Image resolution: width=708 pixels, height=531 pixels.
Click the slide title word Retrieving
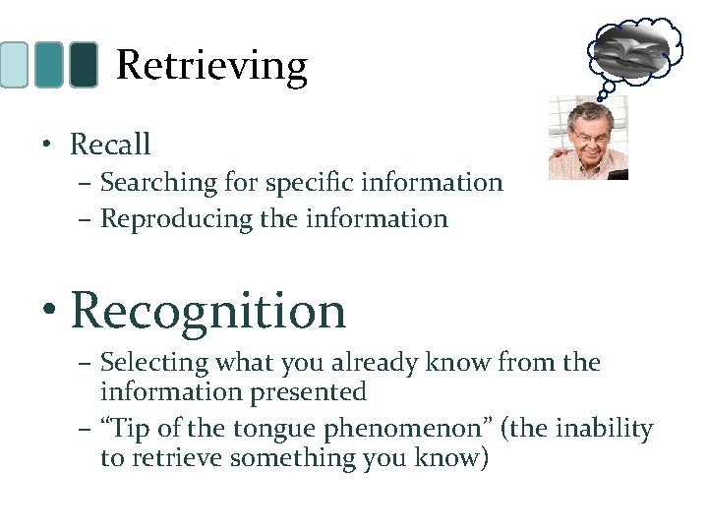(x=211, y=66)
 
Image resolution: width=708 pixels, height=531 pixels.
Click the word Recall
(x=110, y=145)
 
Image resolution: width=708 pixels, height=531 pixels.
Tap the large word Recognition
(x=208, y=311)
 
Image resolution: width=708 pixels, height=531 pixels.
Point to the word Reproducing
(x=162, y=218)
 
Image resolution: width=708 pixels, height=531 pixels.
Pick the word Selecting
(x=154, y=363)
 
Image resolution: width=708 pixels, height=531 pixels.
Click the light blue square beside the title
(x=14, y=65)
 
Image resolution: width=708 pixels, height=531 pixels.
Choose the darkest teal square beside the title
(x=84, y=65)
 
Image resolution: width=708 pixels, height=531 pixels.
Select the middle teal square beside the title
(x=48, y=65)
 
